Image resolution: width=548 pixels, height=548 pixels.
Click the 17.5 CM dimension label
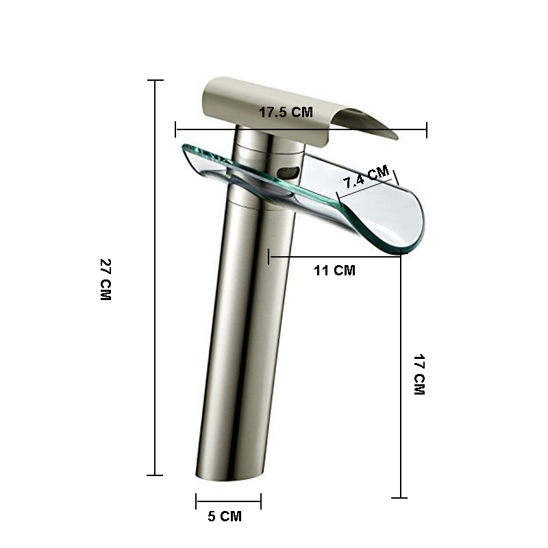[286, 112]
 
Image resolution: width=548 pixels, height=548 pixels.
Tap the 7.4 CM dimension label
[366, 177]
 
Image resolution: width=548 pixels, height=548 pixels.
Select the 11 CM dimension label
[334, 271]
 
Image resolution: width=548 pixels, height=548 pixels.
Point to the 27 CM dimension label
[105, 279]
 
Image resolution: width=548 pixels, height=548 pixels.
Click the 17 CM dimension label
[419, 374]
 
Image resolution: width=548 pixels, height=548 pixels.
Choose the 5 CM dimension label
[225, 516]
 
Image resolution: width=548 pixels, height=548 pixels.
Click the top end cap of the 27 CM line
[155, 81]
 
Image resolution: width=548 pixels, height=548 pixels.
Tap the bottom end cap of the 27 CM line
[155, 475]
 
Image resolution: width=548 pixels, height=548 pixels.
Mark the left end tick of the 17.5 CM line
[176, 129]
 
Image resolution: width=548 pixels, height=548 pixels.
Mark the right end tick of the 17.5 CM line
[427, 129]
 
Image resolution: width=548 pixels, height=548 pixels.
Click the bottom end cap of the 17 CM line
[400, 498]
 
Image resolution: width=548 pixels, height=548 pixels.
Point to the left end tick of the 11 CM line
[269, 257]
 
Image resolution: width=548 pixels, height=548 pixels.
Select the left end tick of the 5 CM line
[197, 501]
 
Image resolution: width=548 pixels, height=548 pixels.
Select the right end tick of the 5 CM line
[260, 501]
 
